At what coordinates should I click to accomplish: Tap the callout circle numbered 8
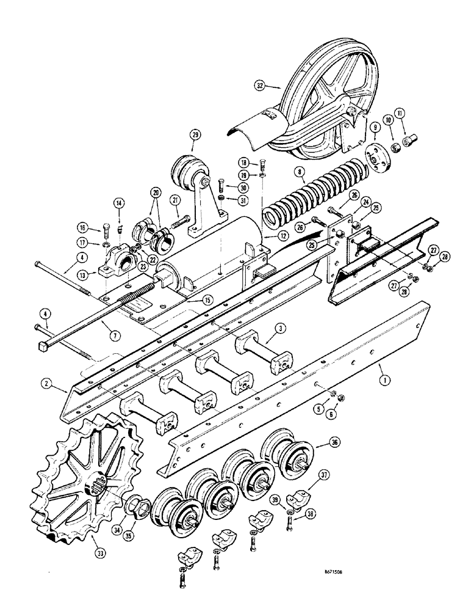(301, 173)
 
